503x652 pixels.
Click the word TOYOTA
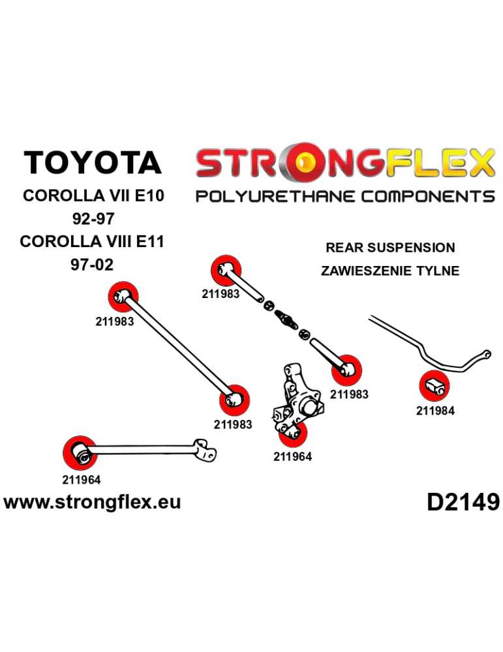[92, 163]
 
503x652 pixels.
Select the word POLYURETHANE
[276, 196]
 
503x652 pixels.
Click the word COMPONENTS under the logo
[427, 196]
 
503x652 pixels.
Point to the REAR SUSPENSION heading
[390, 248]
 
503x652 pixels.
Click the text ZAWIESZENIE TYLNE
[390, 271]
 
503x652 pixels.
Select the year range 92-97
[92, 218]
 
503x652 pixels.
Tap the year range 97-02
[92, 265]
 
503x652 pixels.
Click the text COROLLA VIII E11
[92, 242]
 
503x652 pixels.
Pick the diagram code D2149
[463, 502]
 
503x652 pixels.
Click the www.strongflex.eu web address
[92, 502]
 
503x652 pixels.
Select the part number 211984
[434, 411]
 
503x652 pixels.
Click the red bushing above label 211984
[434, 386]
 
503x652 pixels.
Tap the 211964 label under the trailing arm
[82, 481]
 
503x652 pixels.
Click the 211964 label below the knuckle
[292, 456]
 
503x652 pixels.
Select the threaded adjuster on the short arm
[286, 319]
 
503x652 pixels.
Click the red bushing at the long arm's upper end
[123, 297]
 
